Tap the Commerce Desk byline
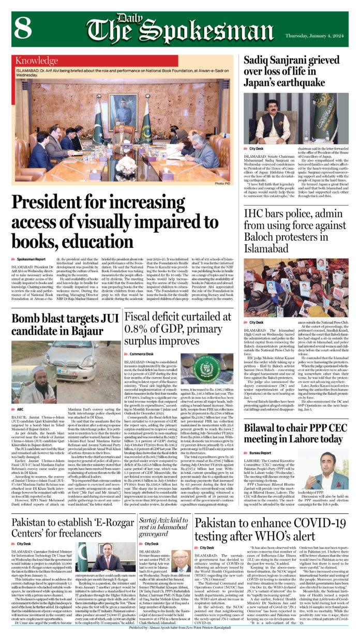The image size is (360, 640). point(144,353)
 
